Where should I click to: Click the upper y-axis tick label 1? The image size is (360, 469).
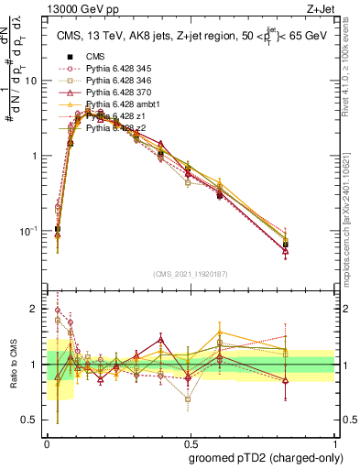(x=37, y=156)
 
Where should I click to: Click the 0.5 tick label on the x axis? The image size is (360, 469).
(x=190, y=441)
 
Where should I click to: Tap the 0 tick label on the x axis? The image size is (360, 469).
(x=47, y=441)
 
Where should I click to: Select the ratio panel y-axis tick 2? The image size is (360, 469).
(x=37, y=310)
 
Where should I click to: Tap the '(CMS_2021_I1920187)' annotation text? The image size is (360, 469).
(x=190, y=274)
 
